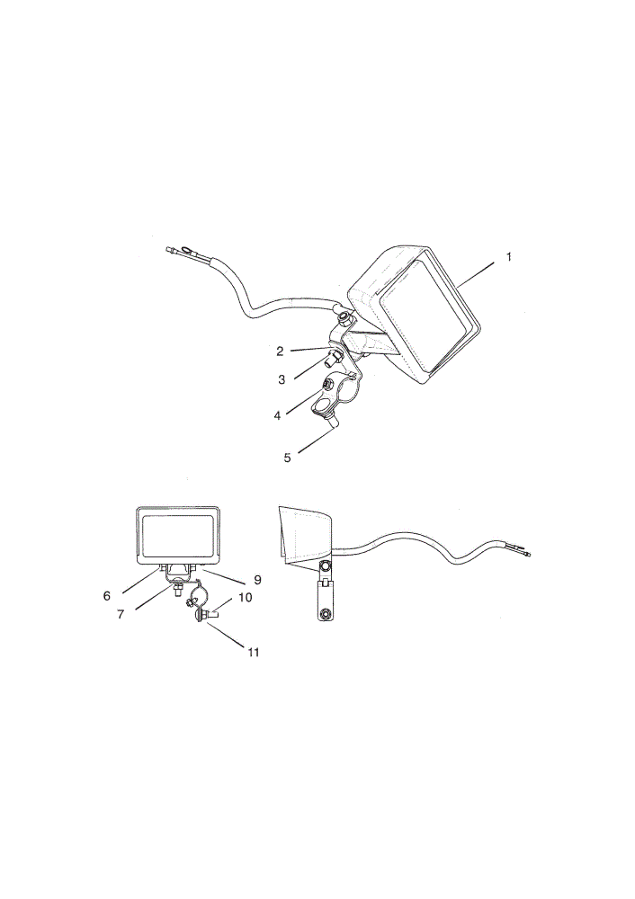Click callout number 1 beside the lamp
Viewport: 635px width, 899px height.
click(508, 257)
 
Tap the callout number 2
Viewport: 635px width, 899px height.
click(280, 352)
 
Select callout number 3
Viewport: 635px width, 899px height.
click(282, 379)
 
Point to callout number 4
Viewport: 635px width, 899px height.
click(278, 415)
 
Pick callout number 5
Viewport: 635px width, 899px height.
click(288, 457)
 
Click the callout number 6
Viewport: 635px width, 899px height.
click(107, 596)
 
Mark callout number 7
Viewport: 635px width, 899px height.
click(121, 615)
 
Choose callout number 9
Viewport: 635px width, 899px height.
click(257, 580)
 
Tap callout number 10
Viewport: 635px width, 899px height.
click(245, 598)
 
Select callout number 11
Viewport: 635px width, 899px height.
click(253, 652)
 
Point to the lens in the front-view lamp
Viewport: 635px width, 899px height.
click(177, 536)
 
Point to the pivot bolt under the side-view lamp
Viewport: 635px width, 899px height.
click(326, 566)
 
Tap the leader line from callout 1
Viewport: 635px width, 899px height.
click(476, 274)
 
